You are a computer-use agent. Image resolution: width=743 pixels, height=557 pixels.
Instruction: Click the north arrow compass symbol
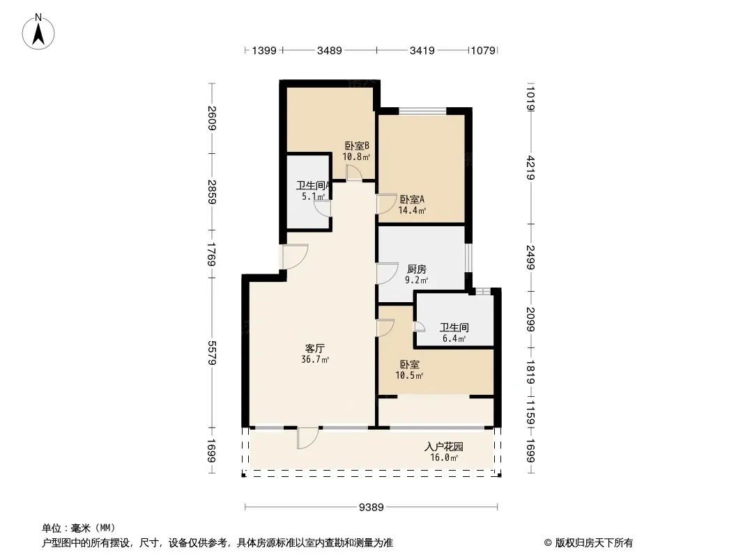(x=38, y=32)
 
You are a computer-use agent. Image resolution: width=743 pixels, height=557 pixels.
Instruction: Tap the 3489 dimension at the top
(x=329, y=50)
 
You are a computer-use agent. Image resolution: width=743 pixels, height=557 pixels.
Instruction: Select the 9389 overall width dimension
(x=371, y=508)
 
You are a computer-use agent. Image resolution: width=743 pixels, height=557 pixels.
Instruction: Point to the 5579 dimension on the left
(x=212, y=353)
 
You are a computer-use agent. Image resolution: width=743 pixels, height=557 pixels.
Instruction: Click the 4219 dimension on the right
(x=530, y=168)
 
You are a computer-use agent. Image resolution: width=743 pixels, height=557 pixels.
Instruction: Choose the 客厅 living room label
(x=314, y=349)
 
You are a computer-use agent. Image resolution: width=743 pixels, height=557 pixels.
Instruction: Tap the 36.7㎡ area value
(x=315, y=360)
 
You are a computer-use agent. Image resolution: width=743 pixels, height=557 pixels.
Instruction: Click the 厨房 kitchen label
(x=417, y=269)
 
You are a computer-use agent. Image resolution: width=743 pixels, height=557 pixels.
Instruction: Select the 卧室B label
(x=357, y=146)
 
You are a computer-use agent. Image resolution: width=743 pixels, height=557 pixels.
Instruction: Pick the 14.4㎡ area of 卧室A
(x=412, y=210)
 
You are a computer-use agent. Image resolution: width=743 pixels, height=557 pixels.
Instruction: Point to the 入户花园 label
(x=444, y=447)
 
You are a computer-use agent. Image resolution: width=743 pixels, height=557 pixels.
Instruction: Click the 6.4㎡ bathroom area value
(x=454, y=338)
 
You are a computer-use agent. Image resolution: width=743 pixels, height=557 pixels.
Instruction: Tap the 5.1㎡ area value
(x=314, y=196)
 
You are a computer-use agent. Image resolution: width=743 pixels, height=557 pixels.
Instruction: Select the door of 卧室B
(x=354, y=173)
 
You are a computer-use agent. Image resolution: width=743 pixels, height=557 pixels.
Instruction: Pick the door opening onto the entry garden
(x=307, y=438)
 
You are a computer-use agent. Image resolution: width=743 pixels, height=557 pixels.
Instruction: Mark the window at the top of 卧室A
(x=422, y=111)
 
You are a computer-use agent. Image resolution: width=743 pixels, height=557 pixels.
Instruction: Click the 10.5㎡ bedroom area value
(x=409, y=376)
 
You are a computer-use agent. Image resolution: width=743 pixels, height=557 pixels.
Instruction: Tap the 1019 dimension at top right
(x=530, y=98)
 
